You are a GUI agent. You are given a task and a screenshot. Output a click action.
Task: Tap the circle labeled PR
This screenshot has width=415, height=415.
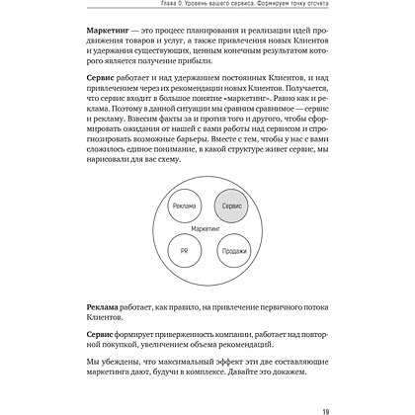pyautogui.click(x=183, y=251)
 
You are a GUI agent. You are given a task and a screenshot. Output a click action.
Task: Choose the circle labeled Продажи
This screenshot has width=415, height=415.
pyautogui.click(x=233, y=251)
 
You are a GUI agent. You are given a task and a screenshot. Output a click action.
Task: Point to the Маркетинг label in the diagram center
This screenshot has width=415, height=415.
pyautogui.click(x=207, y=228)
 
